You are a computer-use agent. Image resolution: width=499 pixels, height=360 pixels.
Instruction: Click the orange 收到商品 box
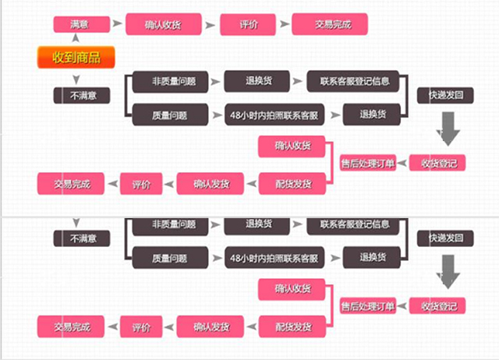pos(76,57)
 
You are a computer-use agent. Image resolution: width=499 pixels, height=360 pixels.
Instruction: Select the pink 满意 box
pos(80,24)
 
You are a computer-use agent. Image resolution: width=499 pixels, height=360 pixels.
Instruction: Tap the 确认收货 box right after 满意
pos(163,24)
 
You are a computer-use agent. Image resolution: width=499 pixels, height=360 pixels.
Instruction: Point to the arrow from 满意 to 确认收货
pos(117,24)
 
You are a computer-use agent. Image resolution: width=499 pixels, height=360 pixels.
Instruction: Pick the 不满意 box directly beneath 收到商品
pos(81,96)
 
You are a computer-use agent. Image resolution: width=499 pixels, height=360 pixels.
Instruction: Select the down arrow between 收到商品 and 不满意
pos(76,80)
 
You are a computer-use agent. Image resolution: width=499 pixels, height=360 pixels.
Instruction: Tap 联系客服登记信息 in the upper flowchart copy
pos(352,81)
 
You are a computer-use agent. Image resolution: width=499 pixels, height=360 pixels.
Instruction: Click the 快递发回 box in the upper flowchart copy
pos(445,96)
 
